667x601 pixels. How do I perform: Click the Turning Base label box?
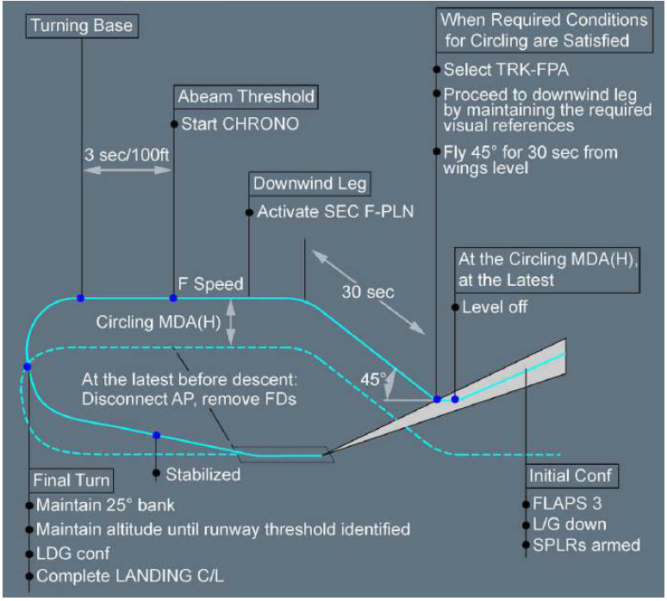coord(82,25)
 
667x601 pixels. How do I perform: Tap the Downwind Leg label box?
coord(309,183)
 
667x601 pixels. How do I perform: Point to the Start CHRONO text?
coord(240,124)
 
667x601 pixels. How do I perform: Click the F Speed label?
coord(210,282)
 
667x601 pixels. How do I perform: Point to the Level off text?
coord(495,307)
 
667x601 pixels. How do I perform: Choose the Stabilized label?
coord(203,474)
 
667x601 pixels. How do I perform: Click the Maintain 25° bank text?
coord(105,505)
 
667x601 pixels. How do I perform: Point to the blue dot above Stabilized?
coord(156,435)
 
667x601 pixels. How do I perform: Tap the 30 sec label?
coord(370,292)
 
